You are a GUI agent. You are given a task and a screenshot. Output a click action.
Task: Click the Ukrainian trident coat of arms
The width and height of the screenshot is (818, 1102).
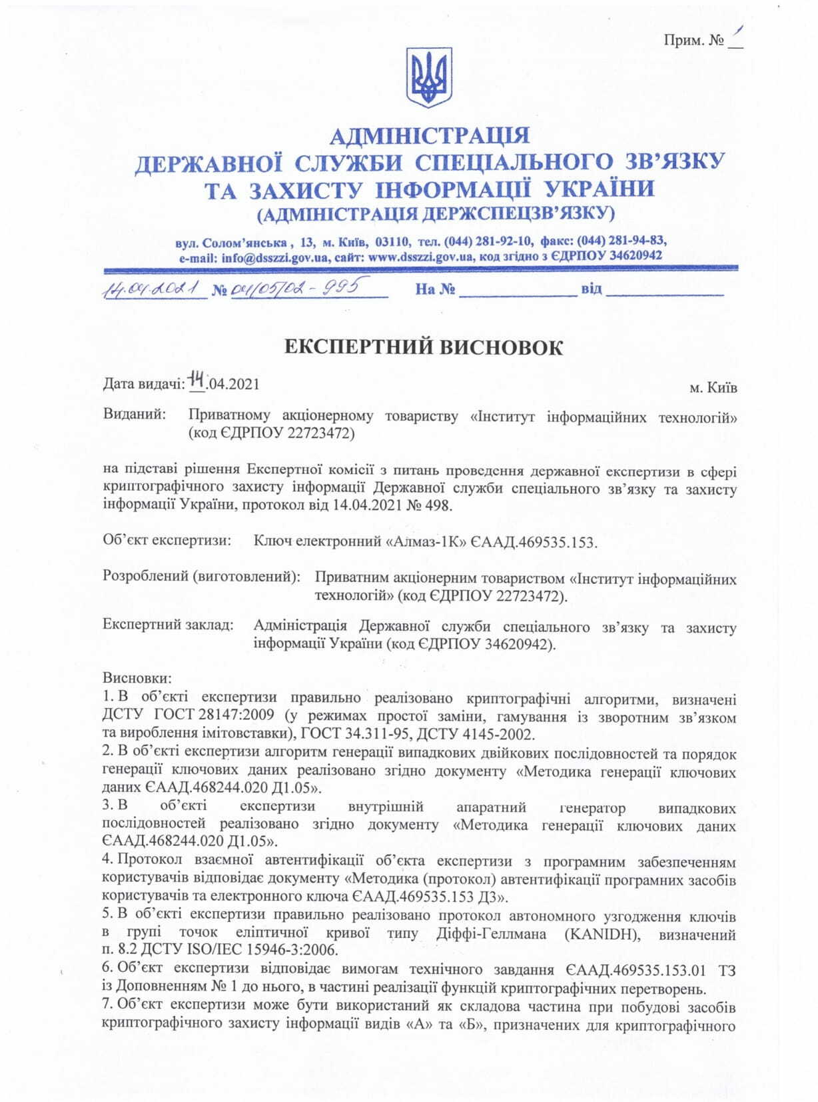tap(429, 77)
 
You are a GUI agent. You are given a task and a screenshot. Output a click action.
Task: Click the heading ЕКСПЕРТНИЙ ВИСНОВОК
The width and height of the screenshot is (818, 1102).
tap(424, 347)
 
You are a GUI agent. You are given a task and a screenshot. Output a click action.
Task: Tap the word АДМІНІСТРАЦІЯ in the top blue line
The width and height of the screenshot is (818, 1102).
tap(430, 135)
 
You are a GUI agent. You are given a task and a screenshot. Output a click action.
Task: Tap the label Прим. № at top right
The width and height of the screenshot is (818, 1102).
tap(693, 40)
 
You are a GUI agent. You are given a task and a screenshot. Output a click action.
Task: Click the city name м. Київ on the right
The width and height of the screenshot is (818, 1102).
tap(713, 387)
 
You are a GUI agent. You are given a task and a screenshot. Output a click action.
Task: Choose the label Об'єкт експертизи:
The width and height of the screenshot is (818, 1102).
tap(167, 540)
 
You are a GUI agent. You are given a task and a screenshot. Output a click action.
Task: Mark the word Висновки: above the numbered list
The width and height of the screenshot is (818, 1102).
tap(137, 677)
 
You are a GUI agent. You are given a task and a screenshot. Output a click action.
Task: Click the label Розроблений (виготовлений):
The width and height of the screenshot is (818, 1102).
tap(201, 576)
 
